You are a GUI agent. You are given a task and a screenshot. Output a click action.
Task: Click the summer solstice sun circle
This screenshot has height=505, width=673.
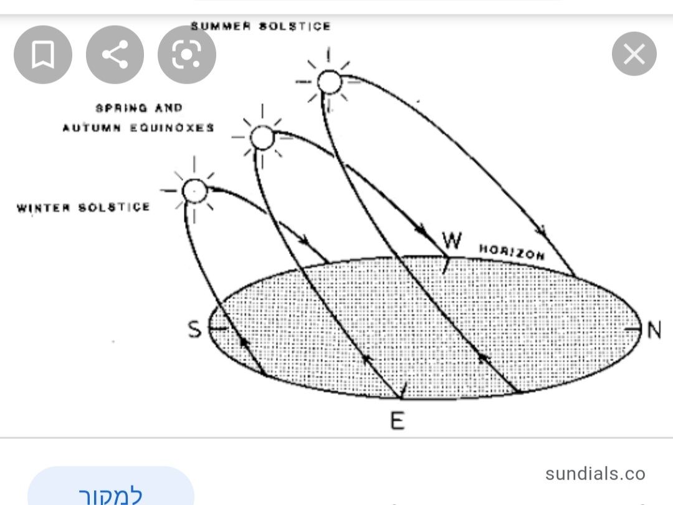click(329, 82)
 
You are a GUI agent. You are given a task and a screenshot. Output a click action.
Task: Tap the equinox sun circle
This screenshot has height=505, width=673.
click(262, 137)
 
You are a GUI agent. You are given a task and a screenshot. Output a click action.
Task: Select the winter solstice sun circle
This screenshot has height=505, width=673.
click(194, 190)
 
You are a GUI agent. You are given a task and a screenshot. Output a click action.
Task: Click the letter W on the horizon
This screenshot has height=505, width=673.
click(452, 240)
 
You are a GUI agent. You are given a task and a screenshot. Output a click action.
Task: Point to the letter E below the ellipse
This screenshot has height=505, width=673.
click(397, 421)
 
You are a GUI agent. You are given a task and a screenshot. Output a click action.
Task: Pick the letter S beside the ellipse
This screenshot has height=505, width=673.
click(195, 329)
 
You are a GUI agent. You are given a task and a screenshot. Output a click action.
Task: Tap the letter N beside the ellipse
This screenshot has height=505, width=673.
click(654, 330)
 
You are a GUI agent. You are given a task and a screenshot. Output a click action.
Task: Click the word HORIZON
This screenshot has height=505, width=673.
click(512, 252)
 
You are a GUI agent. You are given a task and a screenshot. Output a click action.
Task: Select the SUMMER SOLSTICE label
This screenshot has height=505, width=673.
click(260, 26)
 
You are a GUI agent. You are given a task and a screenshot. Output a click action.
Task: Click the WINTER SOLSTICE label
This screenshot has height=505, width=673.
click(84, 207)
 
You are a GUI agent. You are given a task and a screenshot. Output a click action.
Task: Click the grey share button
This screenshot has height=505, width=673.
click(115, 55)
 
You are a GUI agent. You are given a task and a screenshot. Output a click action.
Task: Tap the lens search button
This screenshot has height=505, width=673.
click(187, 55)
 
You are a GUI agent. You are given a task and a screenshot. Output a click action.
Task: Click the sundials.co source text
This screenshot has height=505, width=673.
click(595, 474)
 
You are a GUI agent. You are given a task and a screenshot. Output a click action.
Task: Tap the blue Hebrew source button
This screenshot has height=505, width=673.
click(111, 493)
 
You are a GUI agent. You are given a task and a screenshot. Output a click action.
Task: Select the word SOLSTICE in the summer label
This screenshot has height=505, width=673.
click(295, 26)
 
